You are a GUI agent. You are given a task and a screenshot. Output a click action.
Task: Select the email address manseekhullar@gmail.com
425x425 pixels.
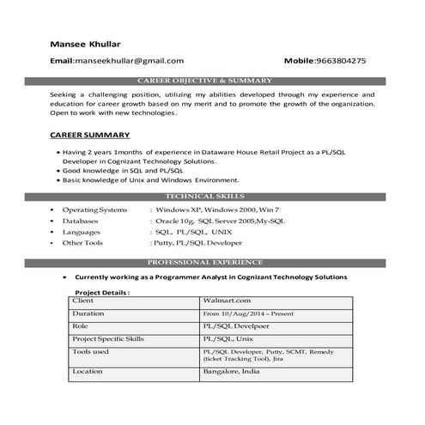pos(130,61)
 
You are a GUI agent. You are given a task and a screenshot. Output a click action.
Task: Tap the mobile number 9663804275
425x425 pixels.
pos(337,61)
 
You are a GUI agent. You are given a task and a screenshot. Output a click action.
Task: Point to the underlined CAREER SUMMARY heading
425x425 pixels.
pos(90,136)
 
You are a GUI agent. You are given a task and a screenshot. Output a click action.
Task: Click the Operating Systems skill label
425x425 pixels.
pos(94,209)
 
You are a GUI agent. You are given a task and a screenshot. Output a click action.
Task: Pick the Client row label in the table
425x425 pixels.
pos(83,301)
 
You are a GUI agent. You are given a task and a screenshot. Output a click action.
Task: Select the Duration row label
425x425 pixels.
pos(88,314)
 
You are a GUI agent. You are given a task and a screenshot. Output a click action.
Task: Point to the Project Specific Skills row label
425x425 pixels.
pos(109,339)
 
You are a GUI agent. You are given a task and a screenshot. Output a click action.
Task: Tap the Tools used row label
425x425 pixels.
pos(91,351)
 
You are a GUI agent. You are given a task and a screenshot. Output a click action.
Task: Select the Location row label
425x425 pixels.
pos(88,372)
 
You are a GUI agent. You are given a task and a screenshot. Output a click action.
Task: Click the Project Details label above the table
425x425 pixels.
pos(102,292)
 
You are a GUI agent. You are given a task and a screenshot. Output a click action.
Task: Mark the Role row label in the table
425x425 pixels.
pos(81,327)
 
